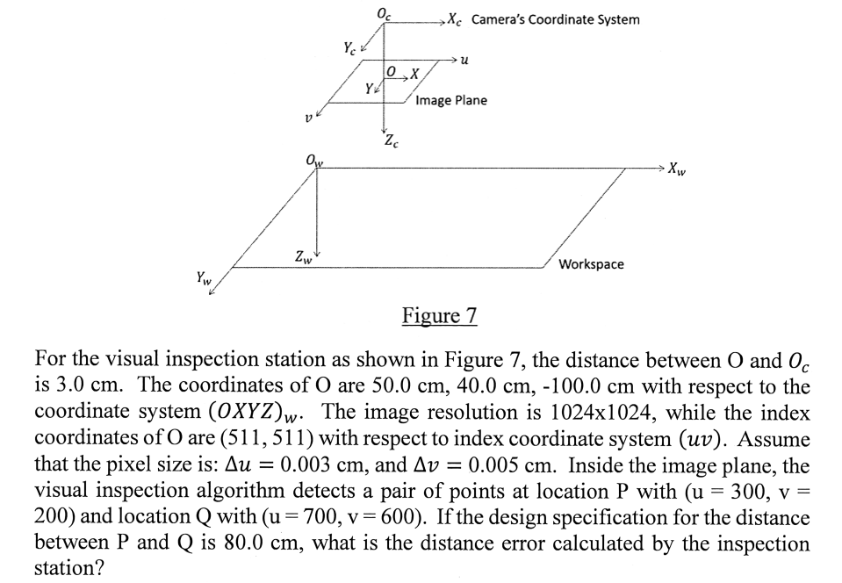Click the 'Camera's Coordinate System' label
click(x=556, y=19)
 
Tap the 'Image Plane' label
click(x=451, y=100)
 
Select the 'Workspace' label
click(x=591, y=263)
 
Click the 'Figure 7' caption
click(x=438, y=315)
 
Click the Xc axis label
click(x=455, y=19)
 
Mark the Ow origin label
click(x=312, y=160)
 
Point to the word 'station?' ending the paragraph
click(x=68, y=568)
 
